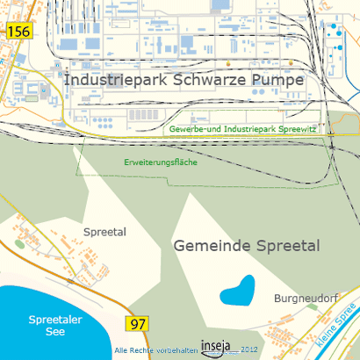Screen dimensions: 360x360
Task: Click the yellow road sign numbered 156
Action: pyautogui.click(x=18, y=31)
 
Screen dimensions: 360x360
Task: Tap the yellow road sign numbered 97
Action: pyautogui.click(x=138, y=324)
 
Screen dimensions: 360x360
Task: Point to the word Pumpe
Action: pyautogui.click(x=277, y=80)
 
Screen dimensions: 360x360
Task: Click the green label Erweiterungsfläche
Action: pyautogui.click(x=160, y=162)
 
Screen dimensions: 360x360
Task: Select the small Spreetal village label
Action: pyautogui.click(x=105, y=232)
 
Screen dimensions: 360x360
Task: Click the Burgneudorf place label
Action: pyautogui.click(x=306, y=297)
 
